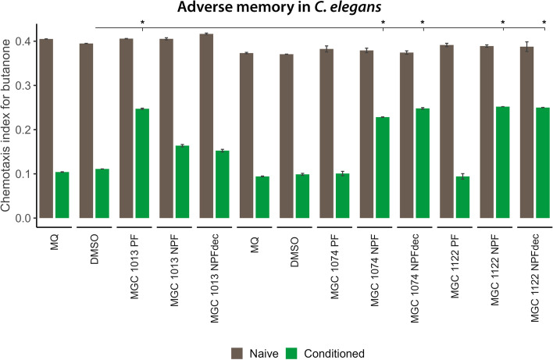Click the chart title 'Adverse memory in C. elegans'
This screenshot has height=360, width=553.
[276, 9]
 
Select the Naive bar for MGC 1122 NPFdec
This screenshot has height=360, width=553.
[526, 132]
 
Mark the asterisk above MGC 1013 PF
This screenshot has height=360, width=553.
[143, 23]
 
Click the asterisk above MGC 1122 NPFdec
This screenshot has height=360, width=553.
[543, 23]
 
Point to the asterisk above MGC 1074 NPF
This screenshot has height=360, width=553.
[383, 23]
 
